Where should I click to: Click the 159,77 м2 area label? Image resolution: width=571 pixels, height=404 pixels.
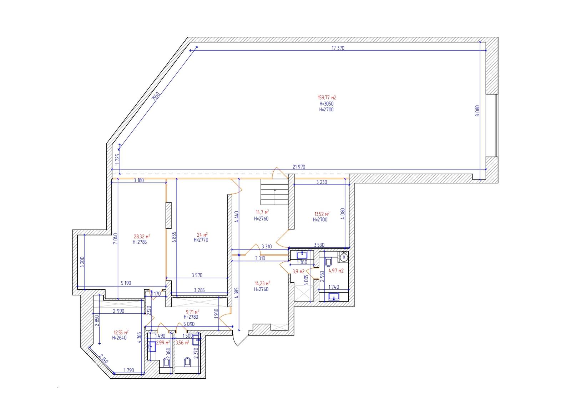pyautogui.click(x=327, y=97)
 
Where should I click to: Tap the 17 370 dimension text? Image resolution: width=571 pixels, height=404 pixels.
pyautogui.click(x=338, y=48)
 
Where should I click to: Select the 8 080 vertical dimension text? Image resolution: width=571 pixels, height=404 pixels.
pyautogui.click(x=477, y=111)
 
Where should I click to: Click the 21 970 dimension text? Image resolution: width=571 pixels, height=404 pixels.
pyautogui.click(x=299, y=167)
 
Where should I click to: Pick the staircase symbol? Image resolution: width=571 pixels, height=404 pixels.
pyautogui.click(x=274, y=192)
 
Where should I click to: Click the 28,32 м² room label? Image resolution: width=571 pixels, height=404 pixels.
pyautogui.click(x=142, y=237)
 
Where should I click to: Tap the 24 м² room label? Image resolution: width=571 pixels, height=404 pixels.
pyautogui.click(x=202, y=234)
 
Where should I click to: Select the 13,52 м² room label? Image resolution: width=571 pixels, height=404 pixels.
pyautogui.click(x=322, y=214)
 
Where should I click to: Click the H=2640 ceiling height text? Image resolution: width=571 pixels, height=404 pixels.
pyautogui.click(x=119, y=338)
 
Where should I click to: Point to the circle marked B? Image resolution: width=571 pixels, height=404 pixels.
pyautogui.click(x=344, y=257)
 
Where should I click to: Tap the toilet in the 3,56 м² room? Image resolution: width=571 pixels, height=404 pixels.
pyautogui.click(x=187, y=362)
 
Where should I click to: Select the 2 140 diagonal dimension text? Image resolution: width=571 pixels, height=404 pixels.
pyautogui.click(x=104, y=359)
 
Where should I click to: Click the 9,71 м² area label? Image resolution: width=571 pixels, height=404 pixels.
pyautogui.click(x=192, y=312)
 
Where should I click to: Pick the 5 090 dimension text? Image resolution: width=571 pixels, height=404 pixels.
pyautogui.click(x=189, y=324)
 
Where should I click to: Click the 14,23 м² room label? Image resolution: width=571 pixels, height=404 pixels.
pyautogui.click(x=263, y=283)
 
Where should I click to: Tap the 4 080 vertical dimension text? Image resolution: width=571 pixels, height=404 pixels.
pyautogui.click(x=343, y=214)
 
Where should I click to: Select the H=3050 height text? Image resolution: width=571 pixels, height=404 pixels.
pyautogui.click(x=327, y=104)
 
